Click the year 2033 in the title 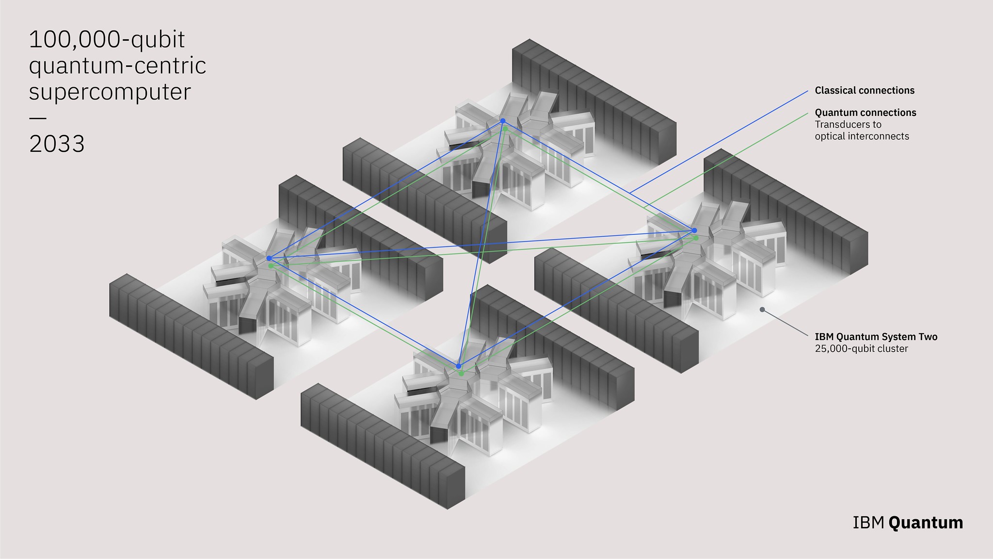coord(57,144)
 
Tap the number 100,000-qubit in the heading coord(107,40)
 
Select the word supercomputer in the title coord(110,92)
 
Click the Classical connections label coord(865,90)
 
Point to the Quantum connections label coord(865,113)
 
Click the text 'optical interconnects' coord(862,136)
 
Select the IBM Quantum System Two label coord(876,337)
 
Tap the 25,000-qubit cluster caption coord(861,349)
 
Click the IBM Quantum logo coord(908,523)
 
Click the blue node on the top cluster coord(503,121)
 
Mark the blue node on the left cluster coord(269,258)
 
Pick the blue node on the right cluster coord(694,230)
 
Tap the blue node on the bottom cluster coord(458,366)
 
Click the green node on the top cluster coord(505,129)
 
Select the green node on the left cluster coord(271,266)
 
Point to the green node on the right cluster coord(696,238)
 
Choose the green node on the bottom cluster coord(461,373)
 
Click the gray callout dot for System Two coord(762,309)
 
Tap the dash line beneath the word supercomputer coord(38,118)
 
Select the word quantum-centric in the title coord(117,66)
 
